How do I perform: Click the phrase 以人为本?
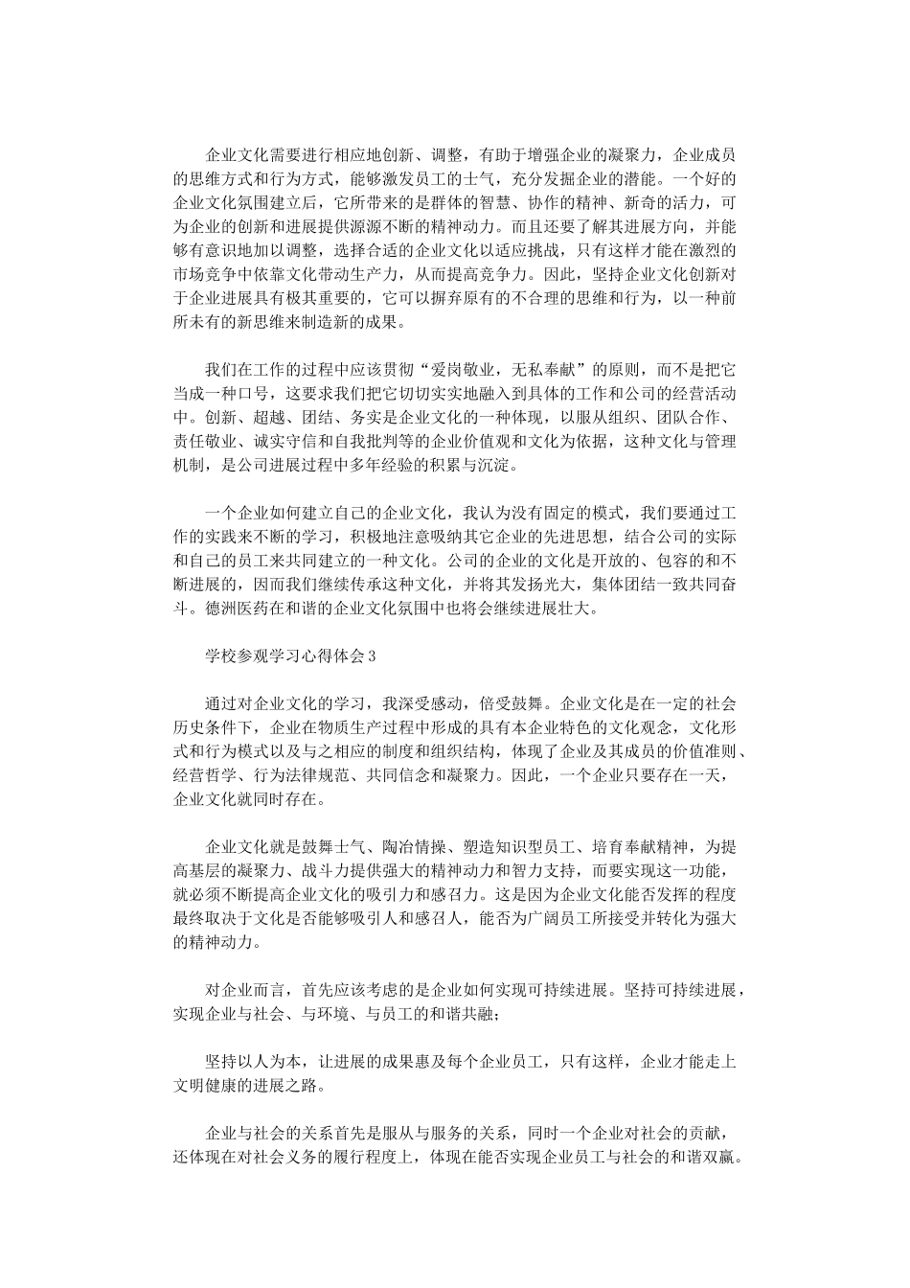[x=276, y=1062]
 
